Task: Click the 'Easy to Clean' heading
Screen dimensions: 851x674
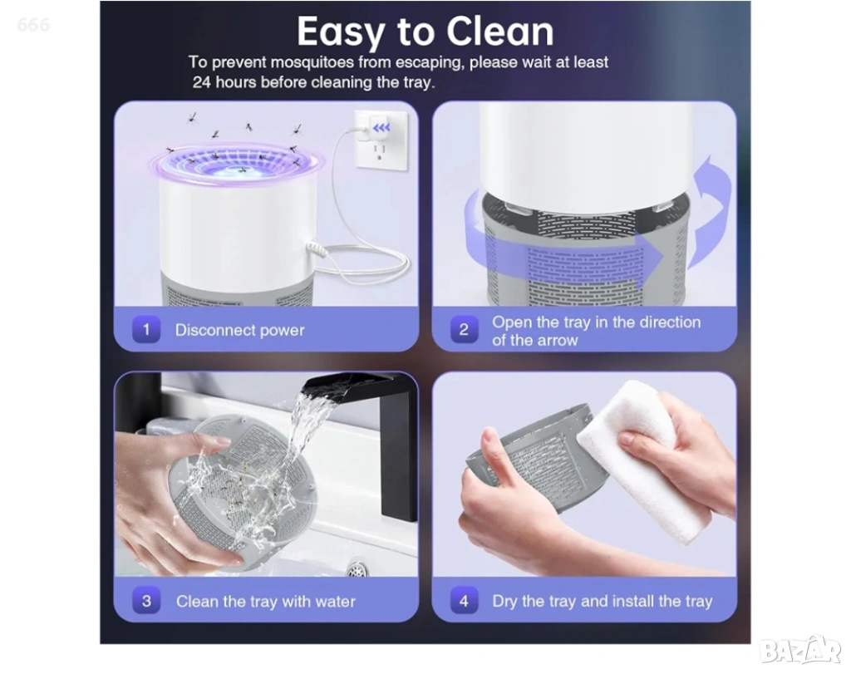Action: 425,32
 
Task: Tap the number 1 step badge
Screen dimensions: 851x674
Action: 146,329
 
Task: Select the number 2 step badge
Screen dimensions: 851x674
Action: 464,329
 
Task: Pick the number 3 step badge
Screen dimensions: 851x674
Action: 146,601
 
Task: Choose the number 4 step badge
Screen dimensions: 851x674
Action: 464,601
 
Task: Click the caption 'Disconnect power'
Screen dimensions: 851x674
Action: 239,330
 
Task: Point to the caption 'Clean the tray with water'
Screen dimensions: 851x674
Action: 265,602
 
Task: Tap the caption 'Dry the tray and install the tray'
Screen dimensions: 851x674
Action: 602,602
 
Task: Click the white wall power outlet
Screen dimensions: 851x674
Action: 381,141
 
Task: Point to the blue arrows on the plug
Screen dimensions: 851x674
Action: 382,127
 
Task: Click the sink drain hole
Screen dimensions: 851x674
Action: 357,569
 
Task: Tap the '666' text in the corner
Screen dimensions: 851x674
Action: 33,24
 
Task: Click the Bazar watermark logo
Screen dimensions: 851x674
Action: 800,649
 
